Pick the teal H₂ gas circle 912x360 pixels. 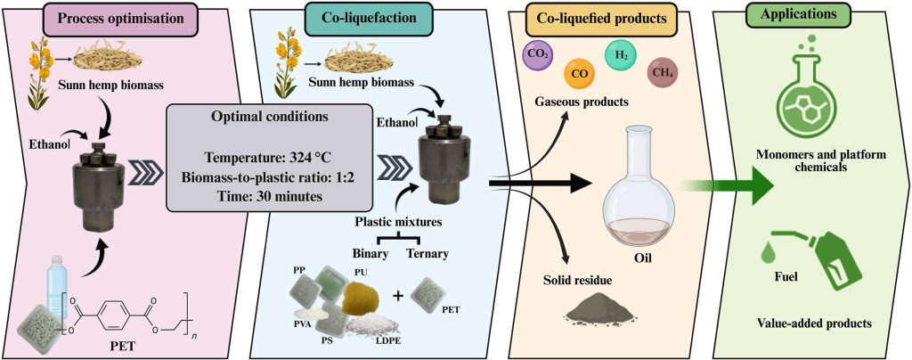point(622,54)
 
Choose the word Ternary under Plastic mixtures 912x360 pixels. point(427,253)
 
